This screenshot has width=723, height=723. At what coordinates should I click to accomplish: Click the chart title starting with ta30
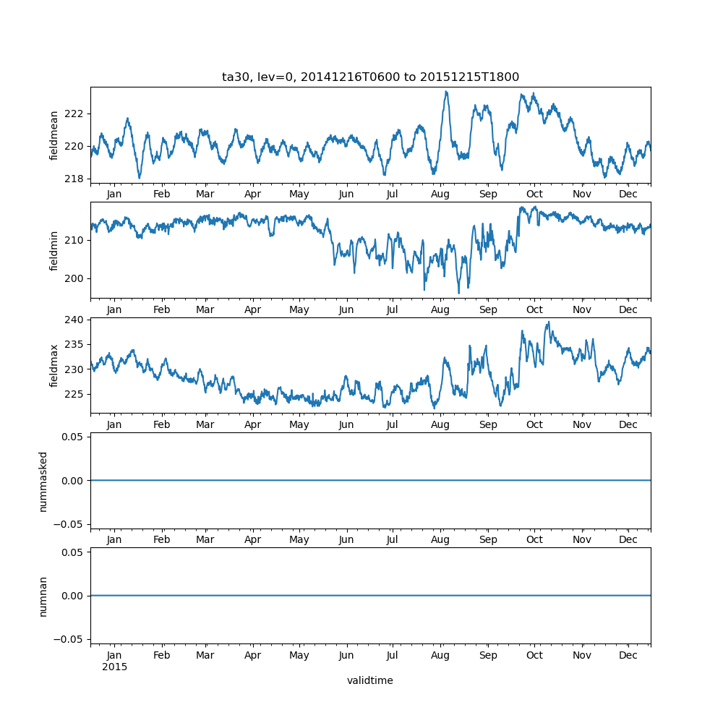pyautogui.click(x=370, y=77)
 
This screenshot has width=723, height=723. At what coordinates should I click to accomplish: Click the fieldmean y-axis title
pyautogui.click(x=54, y=135)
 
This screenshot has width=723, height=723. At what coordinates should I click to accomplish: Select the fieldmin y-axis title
pyautogui.click(x=54, y=250)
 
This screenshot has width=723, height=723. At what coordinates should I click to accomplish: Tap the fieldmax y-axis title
pyautogui.click(x=54, y=365)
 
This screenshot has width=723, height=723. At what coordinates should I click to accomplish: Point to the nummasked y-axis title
pyautogui.click(x=43, y=480)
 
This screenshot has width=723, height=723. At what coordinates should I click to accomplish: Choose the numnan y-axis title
pyautogui.click(x=43, y=596)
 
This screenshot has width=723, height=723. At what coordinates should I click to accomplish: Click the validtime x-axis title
pyautogui.click(x=370, y=680)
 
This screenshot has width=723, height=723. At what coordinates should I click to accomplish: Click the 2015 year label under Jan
pyautogui.click(x=114, y=667)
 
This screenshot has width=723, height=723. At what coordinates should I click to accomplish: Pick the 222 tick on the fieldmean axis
pyautogui.click(x=74, y=114)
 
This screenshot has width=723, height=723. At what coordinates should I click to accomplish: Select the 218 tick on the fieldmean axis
pyautogui.click(x=74, y=179)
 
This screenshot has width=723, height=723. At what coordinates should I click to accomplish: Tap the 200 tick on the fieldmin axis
pyautogui.click(x=74, y=278)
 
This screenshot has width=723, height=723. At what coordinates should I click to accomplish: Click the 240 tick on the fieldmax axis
pyautogui.click(x=74, y=319)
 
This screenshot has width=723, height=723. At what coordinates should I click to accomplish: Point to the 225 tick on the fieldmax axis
pyautogui.click(x=74, y=394)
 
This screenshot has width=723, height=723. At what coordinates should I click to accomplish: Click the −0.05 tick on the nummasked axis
pyautogui.click(x=70, y=523)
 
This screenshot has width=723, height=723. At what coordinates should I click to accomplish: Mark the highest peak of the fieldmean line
pyautogui.click(x=446, y=92)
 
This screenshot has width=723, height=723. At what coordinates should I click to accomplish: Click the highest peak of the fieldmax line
pyautogui.click(x=548, y=322)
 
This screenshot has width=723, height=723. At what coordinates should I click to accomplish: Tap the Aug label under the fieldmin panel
pyautogui.click(x=440, y=309)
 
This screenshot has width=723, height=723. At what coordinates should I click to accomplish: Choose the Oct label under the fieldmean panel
pyautogui.click(x=534, y=194)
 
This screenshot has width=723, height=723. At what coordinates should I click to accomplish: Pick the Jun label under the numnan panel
pyautogui.click(x=346, y=655)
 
